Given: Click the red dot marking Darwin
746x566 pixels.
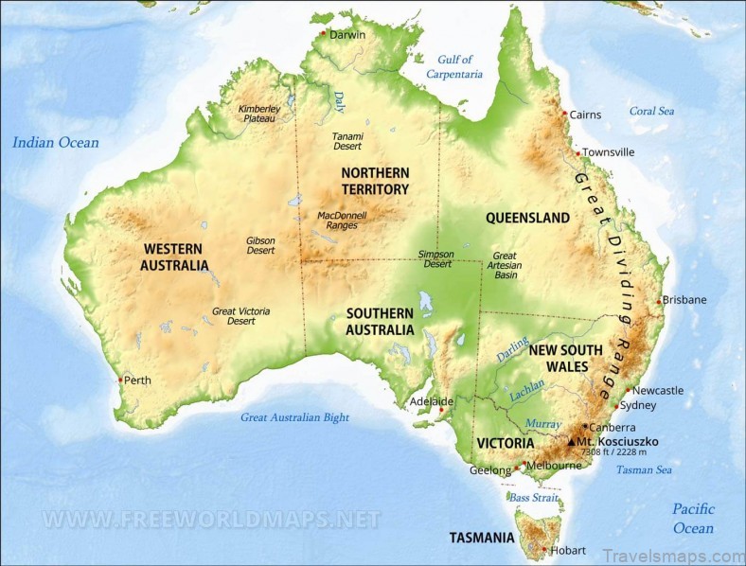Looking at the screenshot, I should pyautogui.click(x=324, y=33).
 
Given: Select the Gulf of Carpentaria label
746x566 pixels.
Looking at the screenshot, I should pyautogui.click(x=454, y=66).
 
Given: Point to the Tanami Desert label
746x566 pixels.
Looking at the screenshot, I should pyautogui.click(x=347, y=141).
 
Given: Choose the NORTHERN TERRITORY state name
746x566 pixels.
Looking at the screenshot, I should pyautogui.click(x=375, y=181).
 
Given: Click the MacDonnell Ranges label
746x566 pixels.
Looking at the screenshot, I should pyautogui.click(x=342, y=221).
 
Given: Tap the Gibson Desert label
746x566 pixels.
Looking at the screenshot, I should pyautogui.click(x=260, y=245).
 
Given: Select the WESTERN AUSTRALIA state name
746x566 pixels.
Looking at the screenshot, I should pyautogui.click(x=174, y=256).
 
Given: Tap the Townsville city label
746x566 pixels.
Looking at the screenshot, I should pyautogui.click(x=608, y=152).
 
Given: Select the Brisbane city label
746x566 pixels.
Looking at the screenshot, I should pyautogui.click(x=684, y=300).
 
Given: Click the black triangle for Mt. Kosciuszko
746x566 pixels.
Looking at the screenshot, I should pyautogui.click(x=571, y=441).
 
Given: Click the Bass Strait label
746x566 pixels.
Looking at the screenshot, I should pyautogui.click(x=534, y=497).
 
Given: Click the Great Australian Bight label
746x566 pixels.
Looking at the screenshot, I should pyautogui.click(x=294, y=417).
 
